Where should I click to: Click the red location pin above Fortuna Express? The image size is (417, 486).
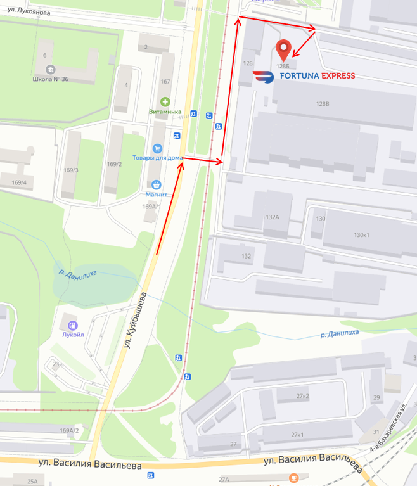pos(283,48)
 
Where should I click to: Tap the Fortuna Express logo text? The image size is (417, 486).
pos(304,77)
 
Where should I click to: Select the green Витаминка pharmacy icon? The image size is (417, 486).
pos(165,101)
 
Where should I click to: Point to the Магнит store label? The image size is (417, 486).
pos(156,195)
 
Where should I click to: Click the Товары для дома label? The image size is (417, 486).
pos(158,158)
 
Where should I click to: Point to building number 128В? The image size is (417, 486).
pos(323,104)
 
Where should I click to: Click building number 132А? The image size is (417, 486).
pos(273,217)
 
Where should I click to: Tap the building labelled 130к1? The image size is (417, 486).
pos(361,234)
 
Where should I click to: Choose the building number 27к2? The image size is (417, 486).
pos(303,396)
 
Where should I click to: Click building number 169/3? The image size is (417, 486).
pos(70,170)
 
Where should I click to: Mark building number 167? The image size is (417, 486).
pos(166,81)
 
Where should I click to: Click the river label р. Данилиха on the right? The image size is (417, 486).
pos(340,332)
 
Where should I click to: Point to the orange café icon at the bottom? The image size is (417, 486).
pos(293,477)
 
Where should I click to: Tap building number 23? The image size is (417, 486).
pos(56,364)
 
